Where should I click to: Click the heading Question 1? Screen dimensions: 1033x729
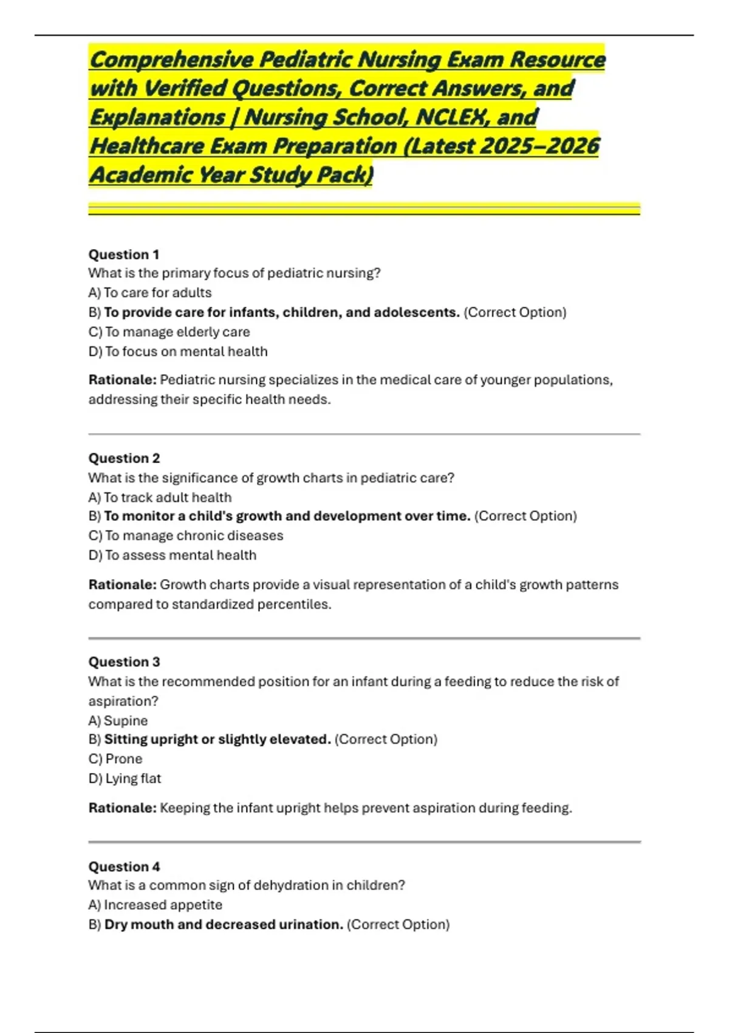[124, 255]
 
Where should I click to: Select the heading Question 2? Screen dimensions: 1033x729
[124, 458]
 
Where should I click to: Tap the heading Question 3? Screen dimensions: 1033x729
[124, 662]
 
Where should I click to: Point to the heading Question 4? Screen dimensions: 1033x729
[124, 867]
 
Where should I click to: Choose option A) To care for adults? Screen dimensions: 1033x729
[150, 293]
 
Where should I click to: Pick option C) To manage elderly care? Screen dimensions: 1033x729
[169, 332]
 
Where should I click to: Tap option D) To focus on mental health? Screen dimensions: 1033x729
[178, 352]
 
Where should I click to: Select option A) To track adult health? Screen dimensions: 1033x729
[160, 498]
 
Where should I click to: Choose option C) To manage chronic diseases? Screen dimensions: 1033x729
[186, 536]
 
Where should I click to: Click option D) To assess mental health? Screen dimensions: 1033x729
[173, 555]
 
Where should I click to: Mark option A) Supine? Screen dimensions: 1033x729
[118, 721]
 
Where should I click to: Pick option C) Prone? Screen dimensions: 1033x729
[115, 759]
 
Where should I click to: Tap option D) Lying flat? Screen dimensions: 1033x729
[125, 779]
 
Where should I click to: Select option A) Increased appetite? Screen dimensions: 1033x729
[155, 905]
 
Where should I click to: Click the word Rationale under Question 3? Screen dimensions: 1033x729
[122, 808]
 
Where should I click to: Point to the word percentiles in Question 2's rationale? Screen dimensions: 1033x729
[294, 605]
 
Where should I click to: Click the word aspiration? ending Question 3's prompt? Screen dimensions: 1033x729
[123, 701]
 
